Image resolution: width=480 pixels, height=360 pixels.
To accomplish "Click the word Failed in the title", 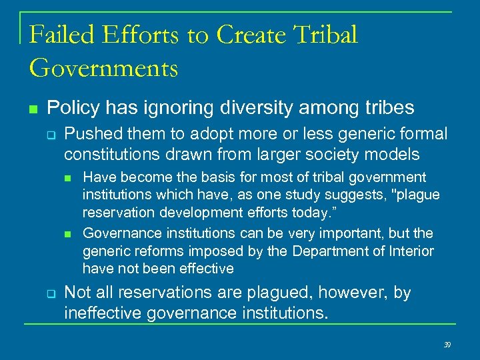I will click(x=61, y=35).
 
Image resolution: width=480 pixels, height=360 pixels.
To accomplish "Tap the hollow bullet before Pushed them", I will click(x=50, y=135).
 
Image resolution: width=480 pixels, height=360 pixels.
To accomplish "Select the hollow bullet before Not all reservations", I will click(x=50, y=294).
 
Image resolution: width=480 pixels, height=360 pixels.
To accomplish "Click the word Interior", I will click(x=408, y=251).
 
